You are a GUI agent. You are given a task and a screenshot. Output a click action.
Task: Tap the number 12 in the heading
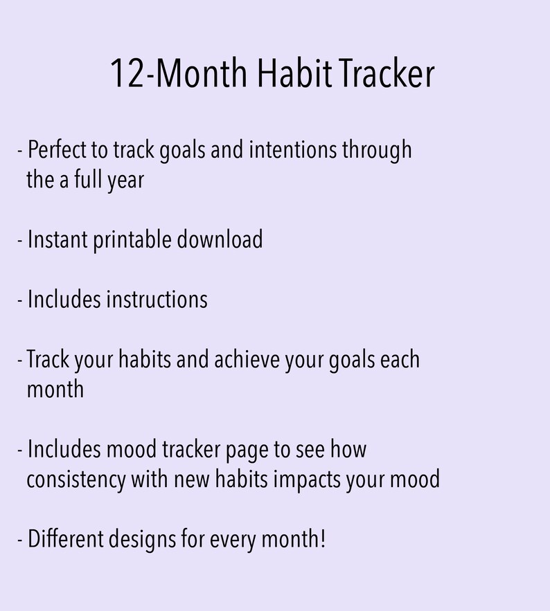click(127, 74)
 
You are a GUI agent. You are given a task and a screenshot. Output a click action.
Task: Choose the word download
click(220, 240)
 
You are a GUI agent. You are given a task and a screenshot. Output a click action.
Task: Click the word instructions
click(157, 300)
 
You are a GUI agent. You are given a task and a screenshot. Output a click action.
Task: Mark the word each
click(400, 361)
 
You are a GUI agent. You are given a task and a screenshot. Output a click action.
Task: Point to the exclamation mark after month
click(322, 539)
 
